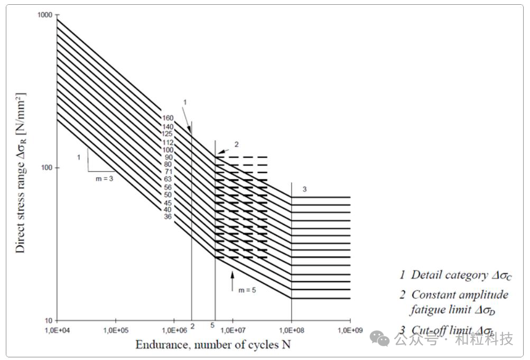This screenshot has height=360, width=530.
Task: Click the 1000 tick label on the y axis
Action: [44, 15]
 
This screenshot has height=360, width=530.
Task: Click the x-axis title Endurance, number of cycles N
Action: [213, 345]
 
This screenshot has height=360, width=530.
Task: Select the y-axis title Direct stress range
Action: [21, 172]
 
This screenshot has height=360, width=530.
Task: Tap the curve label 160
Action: [168, 118]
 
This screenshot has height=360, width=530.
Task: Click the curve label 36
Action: [168, 216]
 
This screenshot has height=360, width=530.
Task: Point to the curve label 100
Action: [168, 150]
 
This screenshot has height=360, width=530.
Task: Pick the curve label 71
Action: [168, 172]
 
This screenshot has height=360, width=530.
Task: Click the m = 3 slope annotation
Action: [104, 179]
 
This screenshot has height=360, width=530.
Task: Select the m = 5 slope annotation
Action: [247, 290]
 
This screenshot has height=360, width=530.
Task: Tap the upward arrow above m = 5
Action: [232, 280]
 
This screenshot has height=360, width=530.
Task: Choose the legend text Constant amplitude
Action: [459, 294]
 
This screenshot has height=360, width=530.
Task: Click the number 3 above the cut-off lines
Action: [304, 189]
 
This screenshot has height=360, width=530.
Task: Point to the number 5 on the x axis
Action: [212, 325]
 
